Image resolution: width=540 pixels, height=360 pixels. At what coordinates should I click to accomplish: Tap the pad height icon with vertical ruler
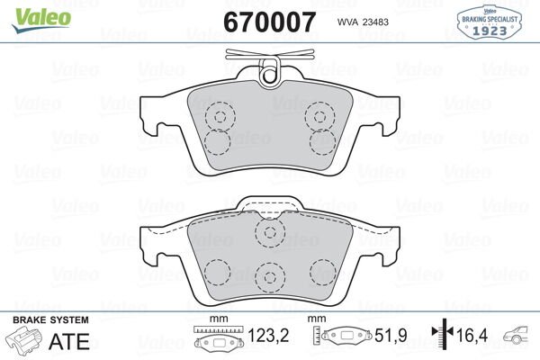[x=340, y=338]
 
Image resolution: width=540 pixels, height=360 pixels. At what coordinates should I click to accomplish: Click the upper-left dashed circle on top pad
[x=219, y=114]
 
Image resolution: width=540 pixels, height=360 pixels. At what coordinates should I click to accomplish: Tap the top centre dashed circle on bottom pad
[x=268, y=233]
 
